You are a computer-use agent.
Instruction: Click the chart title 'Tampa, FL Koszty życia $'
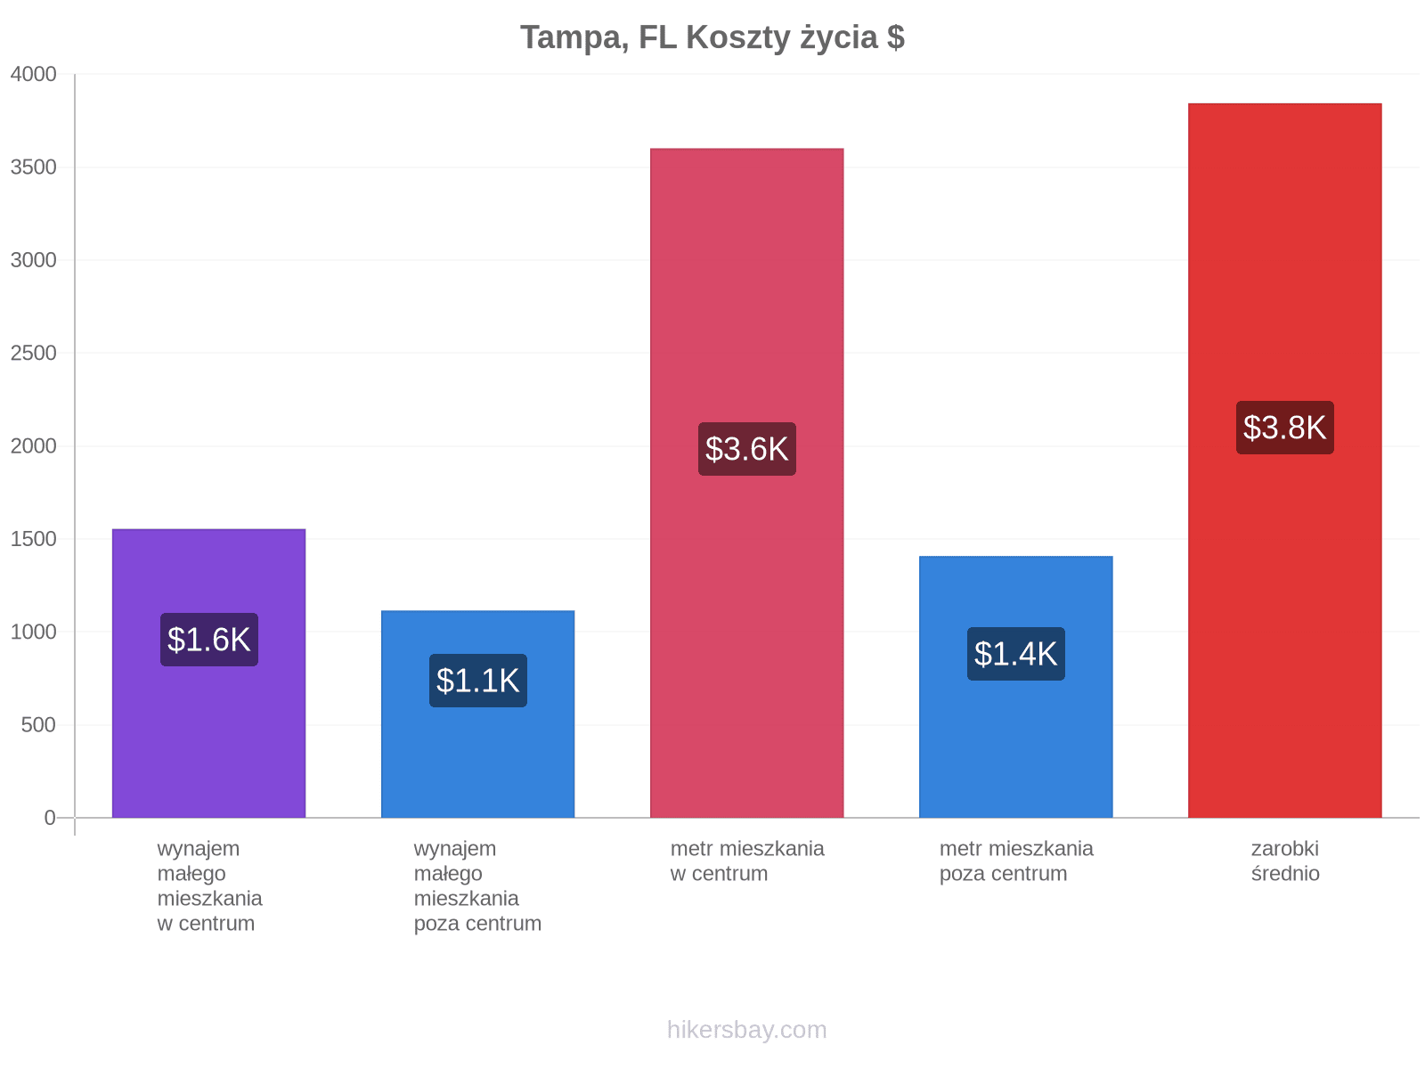712,37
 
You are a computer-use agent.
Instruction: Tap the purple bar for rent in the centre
208,673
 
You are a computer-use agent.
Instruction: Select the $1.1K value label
477,681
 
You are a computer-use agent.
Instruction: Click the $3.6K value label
746,448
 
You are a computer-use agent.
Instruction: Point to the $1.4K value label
1015,653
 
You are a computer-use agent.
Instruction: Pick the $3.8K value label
1284,427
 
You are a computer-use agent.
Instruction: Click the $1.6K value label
209,640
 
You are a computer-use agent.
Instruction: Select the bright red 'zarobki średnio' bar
1284,461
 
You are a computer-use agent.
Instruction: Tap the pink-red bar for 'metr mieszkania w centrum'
746,483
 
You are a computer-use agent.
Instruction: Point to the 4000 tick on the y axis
33,74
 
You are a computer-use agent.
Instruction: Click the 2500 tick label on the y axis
33,353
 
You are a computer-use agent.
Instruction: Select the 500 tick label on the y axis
38,724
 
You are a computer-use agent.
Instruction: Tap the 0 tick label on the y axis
49,817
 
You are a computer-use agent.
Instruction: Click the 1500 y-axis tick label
33,539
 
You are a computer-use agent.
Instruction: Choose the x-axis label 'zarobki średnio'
1285,861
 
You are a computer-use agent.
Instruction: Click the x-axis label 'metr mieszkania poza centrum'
1016,861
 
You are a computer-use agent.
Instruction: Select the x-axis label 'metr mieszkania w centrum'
746,861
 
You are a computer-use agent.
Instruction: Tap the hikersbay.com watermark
746,1030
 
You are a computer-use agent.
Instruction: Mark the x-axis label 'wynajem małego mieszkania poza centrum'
477,885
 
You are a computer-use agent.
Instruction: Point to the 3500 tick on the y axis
33,167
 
